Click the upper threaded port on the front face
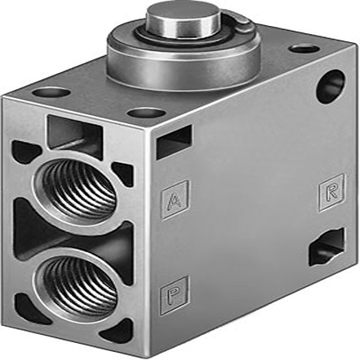pos(79,187)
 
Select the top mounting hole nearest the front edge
pos(146,113)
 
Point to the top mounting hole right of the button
pos(302,48)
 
